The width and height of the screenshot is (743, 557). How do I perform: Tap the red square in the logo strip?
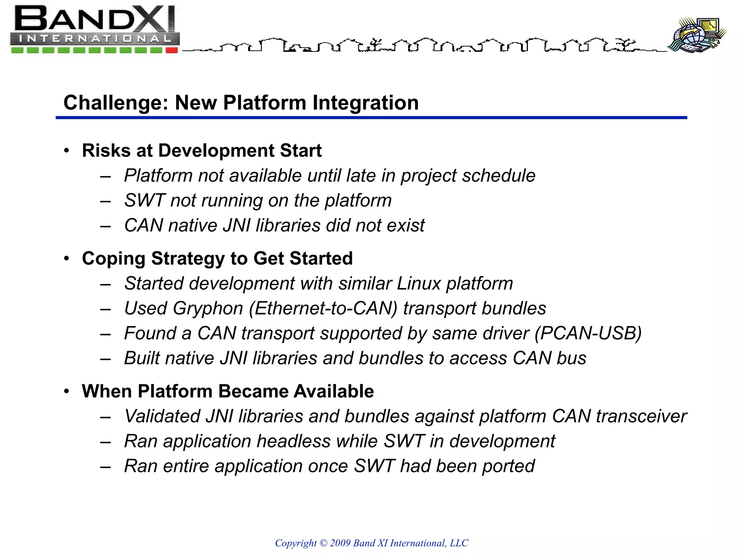(172, 50)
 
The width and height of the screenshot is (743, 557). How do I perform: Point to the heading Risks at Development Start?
(202, 150)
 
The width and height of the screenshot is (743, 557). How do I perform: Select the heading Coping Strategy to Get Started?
(217, 259)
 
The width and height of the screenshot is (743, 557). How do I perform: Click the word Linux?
(418, 284)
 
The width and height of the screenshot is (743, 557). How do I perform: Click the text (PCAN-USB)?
(588, 333)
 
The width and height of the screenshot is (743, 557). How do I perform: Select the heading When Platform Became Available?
(228, 391)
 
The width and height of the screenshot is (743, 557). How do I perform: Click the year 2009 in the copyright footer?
(340, 543)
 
